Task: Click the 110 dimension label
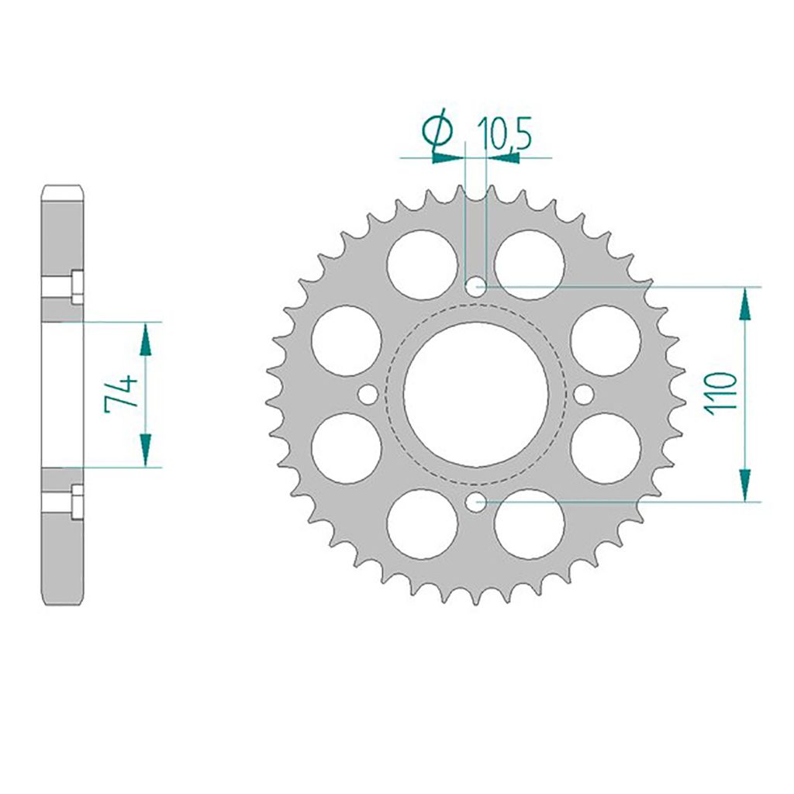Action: point(721,394)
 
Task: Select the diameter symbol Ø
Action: point(440,131)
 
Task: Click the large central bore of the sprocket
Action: point(475,395)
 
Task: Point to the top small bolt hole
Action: point(475,287)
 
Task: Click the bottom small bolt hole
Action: point(475,503)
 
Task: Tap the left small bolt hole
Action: point(368,395)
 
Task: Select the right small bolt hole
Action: point(583,395)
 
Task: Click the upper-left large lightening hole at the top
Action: point(422,264)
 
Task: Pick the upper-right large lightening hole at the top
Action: point(529,264)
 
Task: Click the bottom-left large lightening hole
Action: point(422,524)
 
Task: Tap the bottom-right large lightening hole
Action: point(529,524)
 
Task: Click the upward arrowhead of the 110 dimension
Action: point(745,303)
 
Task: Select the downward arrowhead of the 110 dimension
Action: point(745,485)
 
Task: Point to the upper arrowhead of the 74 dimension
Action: point(144,337)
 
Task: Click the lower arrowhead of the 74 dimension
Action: point(144,451)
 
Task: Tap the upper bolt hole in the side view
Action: point(76,287)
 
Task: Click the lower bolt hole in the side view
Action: point(76,502)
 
